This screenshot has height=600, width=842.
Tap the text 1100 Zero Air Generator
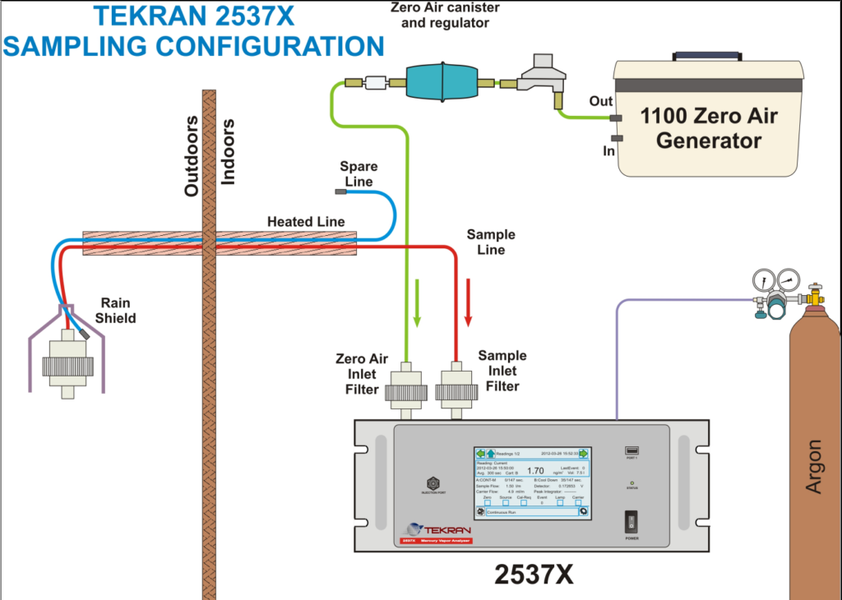709,127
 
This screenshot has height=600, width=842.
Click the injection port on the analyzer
433,483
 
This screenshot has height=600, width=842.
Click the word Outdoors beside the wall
192,156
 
